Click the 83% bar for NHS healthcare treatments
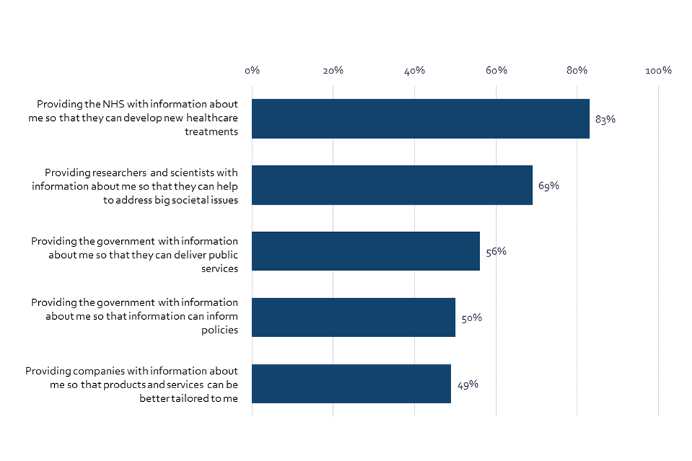coord(421,119)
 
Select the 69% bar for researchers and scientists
coord(392,185)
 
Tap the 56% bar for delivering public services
coord(366,251)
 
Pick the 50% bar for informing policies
coord(354,318)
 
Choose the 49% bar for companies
coord(352,384)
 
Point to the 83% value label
coord(605,120)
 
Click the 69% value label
coord(549,186)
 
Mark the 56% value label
coord(496,252)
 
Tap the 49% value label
coord(467,385)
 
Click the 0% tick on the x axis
coord(252,71)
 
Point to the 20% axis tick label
coord(333,71)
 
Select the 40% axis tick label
coord(414,71)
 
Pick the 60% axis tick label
coord(496,71)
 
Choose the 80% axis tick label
coord(577,71)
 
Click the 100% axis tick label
coord(658,71)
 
